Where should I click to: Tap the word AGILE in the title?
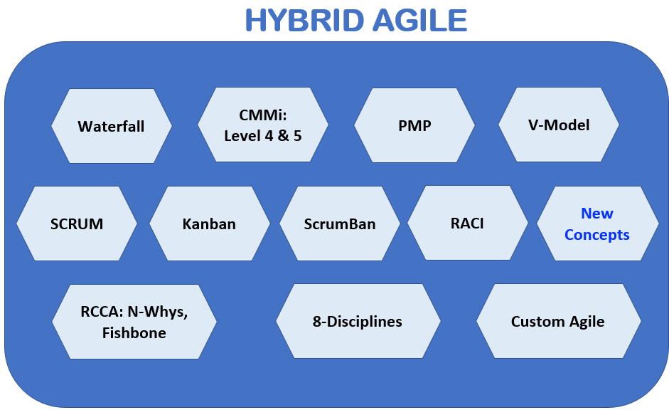pyautogui.click(x=420, y=20)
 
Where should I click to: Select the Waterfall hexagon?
pyautogui.click(x=112, y=126)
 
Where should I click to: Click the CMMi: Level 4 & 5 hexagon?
pyautogui.click(x=263, y=125)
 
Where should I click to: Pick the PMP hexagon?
pyautogui.click(x=414, y=125)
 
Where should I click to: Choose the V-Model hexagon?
pyautogui.click(x=559, y=125)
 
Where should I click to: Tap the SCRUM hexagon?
pyautogui.click(x=77, y=224)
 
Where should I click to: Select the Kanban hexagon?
pyautogui.click(x=210, y=224)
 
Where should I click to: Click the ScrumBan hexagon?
pyautogui.click(x=340, y=224)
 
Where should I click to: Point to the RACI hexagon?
pyautogui.click(x=468, y=223)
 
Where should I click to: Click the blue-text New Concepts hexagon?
pyautogui.click(x=597, y=224)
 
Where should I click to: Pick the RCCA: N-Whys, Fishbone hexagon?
pyautogui.click(x=134, y=322)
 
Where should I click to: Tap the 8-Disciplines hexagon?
pyautogui.click(x=358, y=321)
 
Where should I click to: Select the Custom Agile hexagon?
pyautogui.click(x=559, y=321)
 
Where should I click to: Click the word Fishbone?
pyautogui.click(x=134, y=332)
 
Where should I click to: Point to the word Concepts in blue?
pyautogui.click(x=597, y=235)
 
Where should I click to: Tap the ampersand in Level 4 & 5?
pyautogui.click(x=283, y=136)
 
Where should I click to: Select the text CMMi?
pyautogui.click(x=263, y=115)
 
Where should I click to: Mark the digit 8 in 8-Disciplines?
pyautogui.click(x=316, y=321)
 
